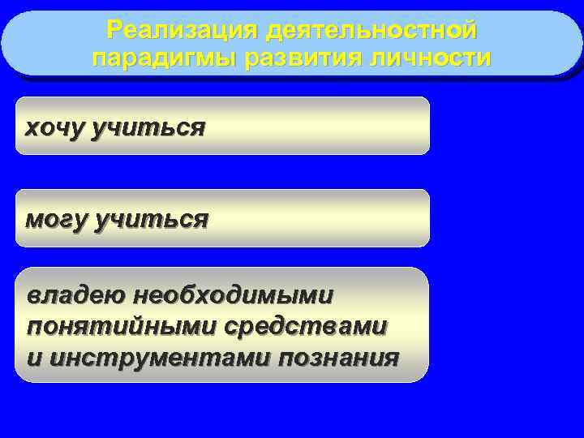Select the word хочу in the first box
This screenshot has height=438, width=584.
click(x=56, y=127)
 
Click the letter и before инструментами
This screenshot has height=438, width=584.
click(x=34, y=358)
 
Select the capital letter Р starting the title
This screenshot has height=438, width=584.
click(x=116, y=32)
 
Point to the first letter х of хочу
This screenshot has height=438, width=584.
click(x=32, y=128)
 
